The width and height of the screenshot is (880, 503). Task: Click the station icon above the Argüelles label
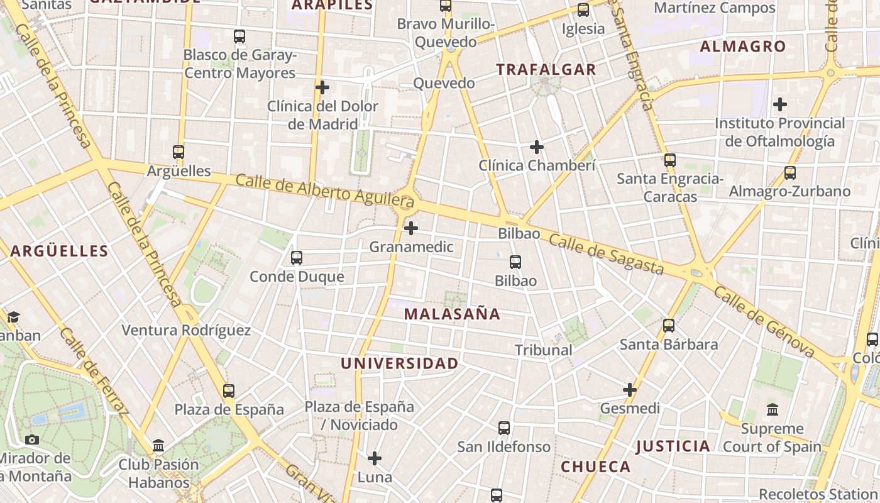pos(179,152)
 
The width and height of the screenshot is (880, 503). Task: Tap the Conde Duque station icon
pos(297,258)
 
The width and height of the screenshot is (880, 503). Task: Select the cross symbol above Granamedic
pos(411,228)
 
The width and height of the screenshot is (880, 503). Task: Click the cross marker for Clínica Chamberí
pos(536,147)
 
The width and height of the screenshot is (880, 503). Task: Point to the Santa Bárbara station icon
pos(669,326)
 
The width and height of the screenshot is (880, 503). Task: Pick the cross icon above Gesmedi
pos(630,390)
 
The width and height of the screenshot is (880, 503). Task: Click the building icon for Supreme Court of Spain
pos(773,410)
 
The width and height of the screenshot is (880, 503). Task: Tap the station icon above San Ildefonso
pos(504,428)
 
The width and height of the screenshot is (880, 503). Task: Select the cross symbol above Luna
pos(375,458)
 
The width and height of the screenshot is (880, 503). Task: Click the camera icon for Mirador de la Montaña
pos(32,439)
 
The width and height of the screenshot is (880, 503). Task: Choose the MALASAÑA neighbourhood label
pos(452,314)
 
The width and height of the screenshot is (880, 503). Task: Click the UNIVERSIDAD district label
pos(400,363)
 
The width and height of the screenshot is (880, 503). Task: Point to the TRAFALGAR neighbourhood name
pos(546,70)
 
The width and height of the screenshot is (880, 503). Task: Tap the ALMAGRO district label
pos(743,47)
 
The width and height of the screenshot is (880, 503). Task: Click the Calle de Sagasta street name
pos(607,255)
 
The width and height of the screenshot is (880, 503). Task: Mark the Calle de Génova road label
pos(764,324)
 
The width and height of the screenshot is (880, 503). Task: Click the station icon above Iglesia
pos(583,10)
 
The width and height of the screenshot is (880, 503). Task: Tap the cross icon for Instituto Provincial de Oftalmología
pos(780,104)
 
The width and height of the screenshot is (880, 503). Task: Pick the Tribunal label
pos(544,350)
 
